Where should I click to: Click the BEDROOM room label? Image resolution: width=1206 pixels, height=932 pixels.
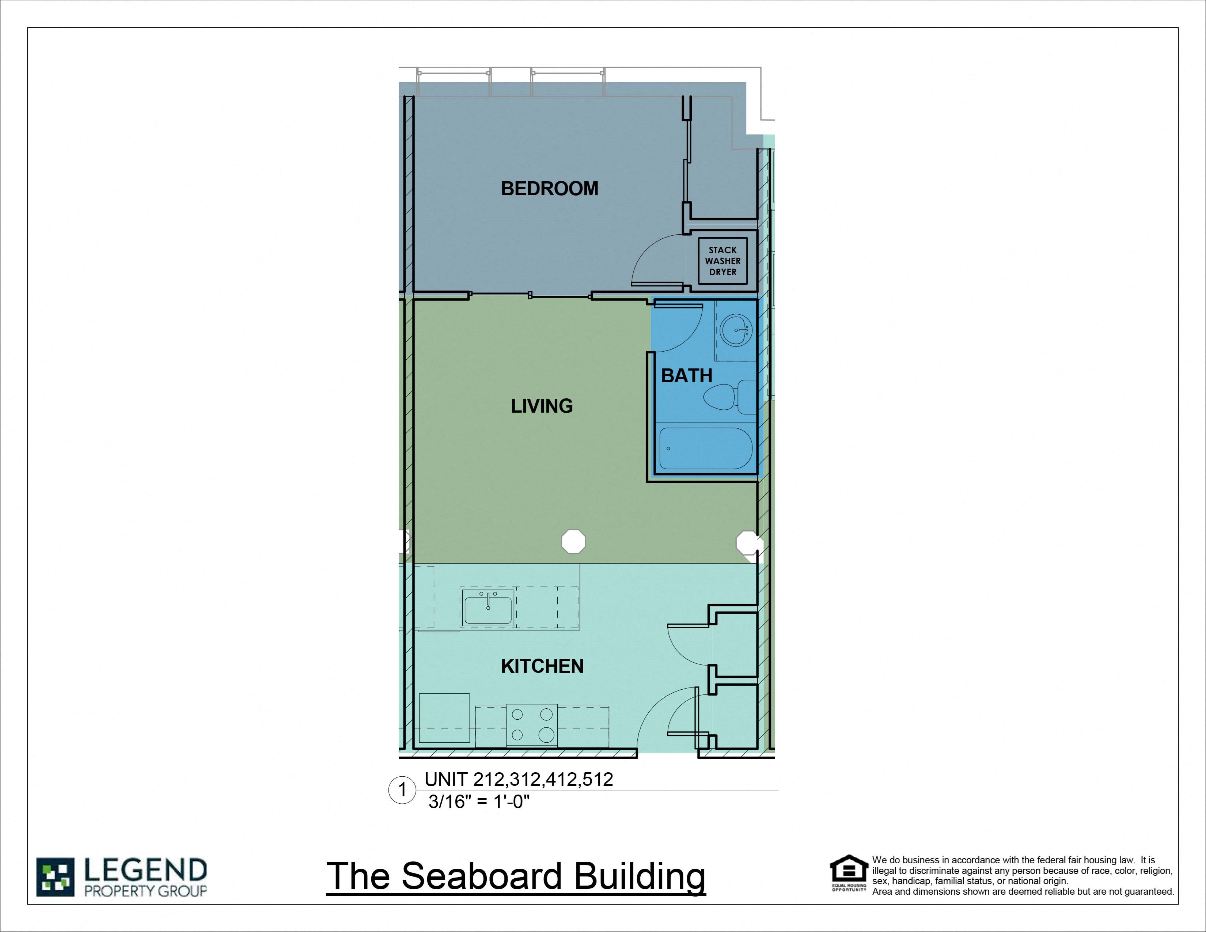(x=549, y=189)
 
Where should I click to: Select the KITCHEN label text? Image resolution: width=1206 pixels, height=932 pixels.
(x=542, y=666)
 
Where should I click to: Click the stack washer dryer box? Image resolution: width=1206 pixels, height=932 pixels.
(x=722, y=261)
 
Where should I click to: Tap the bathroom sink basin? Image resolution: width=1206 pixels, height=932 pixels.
(x=736, y=330)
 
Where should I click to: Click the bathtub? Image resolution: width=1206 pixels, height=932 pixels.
(x=705, y=448)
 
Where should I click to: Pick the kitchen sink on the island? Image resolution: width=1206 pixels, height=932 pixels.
(x=488, y=607)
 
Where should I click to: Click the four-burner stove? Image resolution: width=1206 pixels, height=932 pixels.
(x=532, y=725)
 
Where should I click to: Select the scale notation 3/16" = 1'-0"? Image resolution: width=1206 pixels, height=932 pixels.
(x=479, y=802)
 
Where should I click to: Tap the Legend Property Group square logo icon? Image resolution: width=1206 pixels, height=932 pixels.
(x=55, y=877)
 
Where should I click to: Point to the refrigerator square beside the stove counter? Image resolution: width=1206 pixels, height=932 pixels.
(x=444, y=718)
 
